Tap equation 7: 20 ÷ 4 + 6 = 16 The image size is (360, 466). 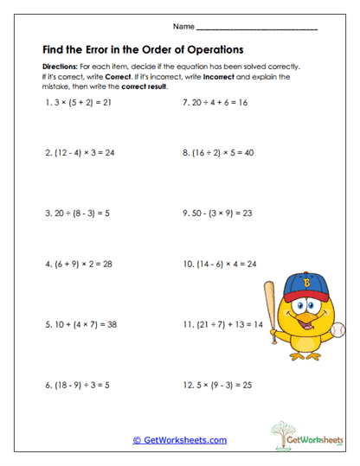click(x=215, y=101)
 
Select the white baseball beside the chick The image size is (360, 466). click(x=337, y=329)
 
